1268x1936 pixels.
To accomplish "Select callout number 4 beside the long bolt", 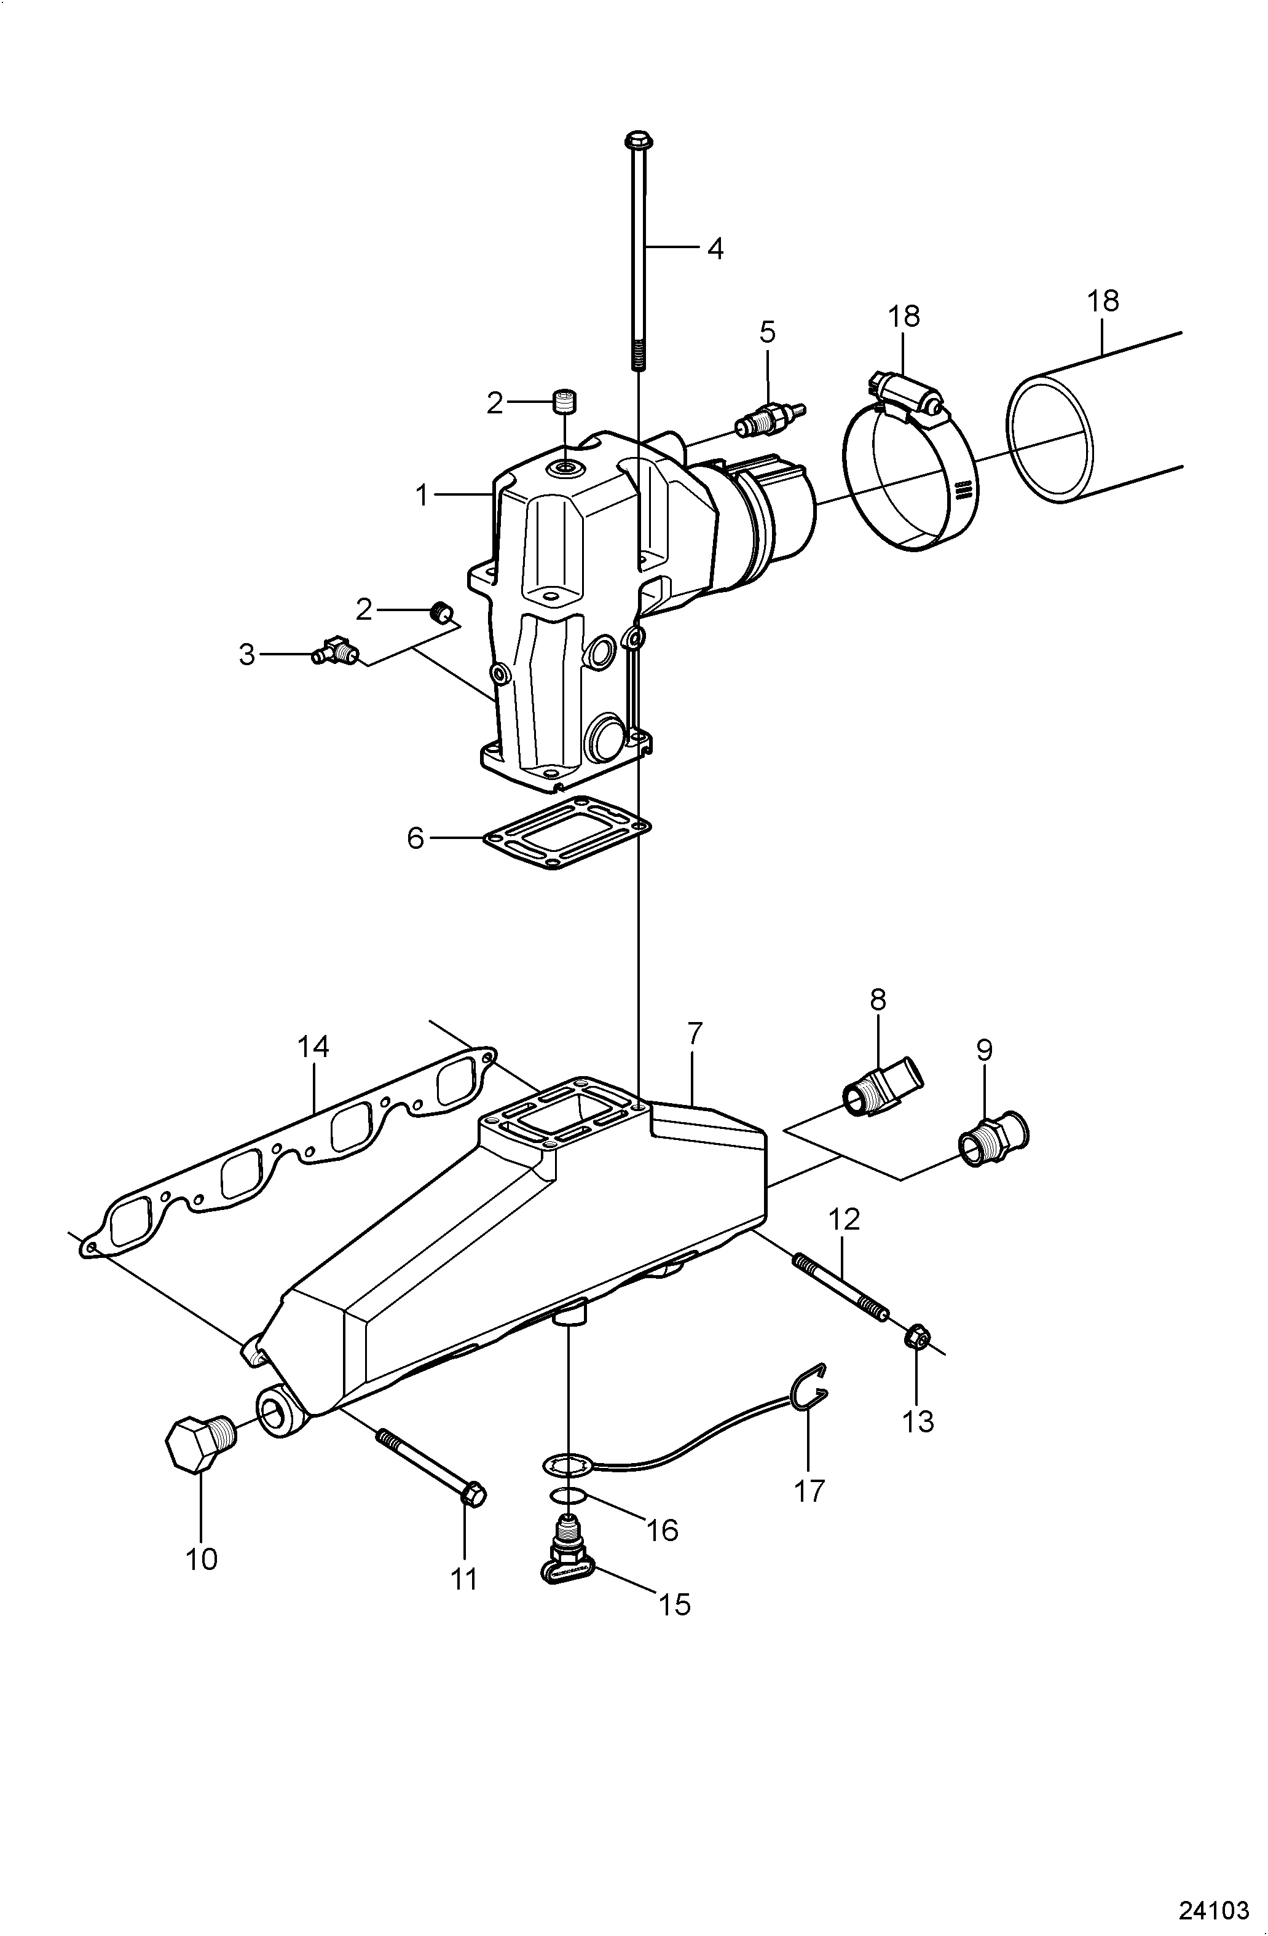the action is [715, 248].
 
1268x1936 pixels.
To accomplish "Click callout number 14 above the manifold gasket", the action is [313, 1046].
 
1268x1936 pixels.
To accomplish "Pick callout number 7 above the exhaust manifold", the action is [693, 1034].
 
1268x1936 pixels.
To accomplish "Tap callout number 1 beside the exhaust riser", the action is [422, 494].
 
